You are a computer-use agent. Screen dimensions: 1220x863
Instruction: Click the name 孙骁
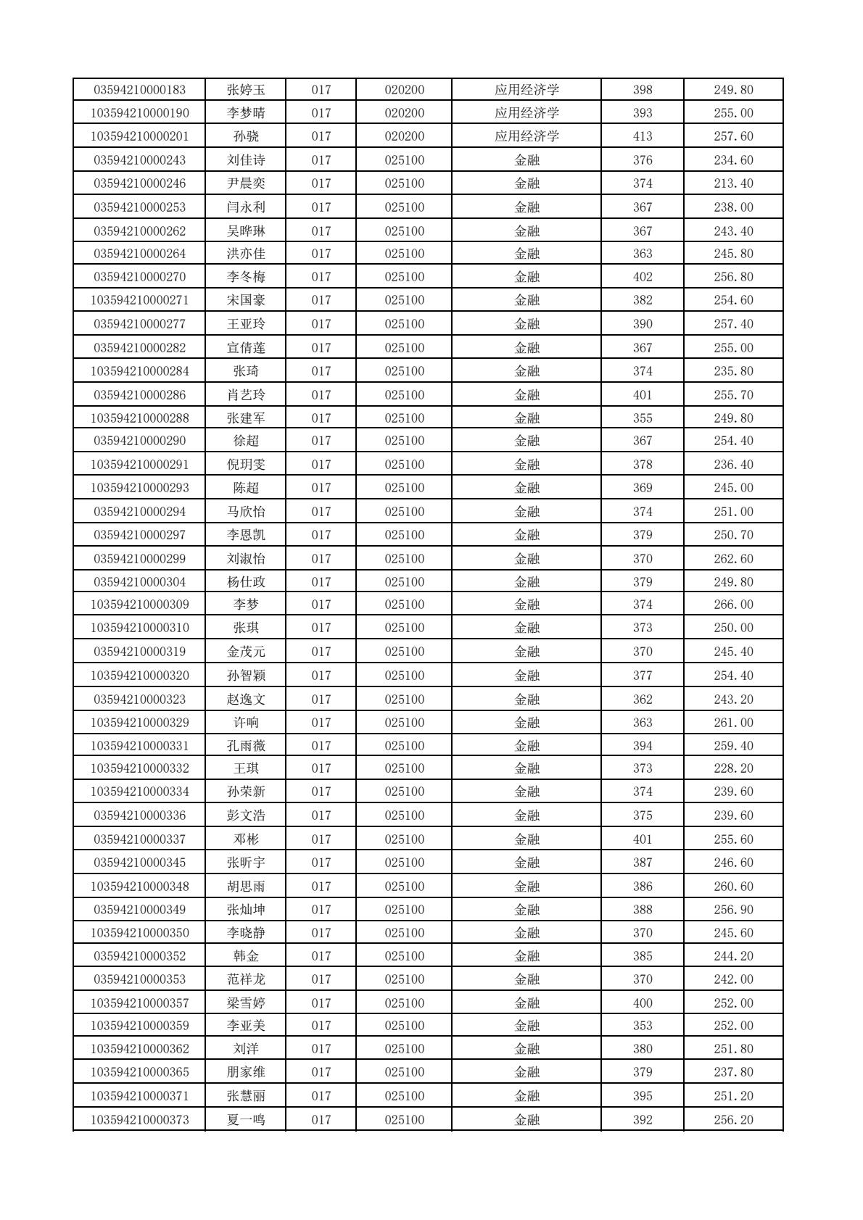click(246, 136)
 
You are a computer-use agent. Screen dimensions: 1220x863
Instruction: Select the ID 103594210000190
click(139, 113)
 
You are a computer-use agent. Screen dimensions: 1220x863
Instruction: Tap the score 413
click(643, 136)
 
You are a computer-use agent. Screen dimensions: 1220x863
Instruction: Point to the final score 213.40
click(733, 183)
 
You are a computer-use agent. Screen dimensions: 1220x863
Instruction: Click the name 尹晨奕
click(246, 183)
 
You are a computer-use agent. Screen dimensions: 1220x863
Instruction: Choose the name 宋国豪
click(246, 300)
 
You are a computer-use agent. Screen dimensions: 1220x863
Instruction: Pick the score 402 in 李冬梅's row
click(643, 277)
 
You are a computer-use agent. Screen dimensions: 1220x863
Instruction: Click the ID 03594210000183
click(139, 90)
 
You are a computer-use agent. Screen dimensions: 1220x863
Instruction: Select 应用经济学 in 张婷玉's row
click(527, 90)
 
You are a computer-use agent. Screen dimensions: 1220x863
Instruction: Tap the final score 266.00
click(733, 605)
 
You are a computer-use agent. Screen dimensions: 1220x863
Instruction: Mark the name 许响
click(246, 723)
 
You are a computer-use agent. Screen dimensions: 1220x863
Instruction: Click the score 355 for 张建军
click(643, 418)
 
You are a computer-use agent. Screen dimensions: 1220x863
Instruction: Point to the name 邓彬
click(246, 839)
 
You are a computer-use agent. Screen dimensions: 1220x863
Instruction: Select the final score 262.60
click(733, 559)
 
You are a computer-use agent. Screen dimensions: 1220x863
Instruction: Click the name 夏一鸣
click(246, 1120)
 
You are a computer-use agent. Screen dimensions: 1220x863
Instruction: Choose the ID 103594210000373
click(139, 1120)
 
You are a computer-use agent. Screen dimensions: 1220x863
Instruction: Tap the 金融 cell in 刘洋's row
click(527, 1049)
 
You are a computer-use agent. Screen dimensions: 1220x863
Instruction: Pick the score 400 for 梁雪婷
click(643, 1003)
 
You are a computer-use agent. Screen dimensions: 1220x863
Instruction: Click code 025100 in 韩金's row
click(404, 956)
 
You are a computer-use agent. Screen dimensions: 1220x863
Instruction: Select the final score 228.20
click(733, 768)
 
